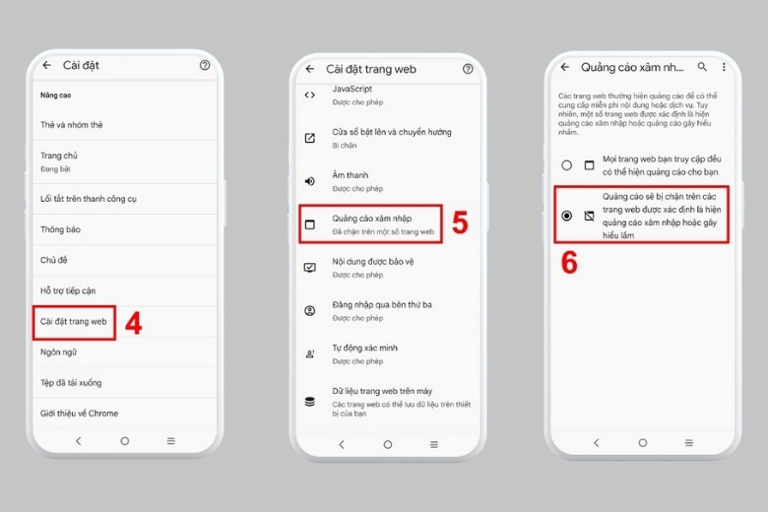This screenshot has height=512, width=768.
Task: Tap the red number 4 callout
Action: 134,324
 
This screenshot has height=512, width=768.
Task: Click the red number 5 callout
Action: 459,224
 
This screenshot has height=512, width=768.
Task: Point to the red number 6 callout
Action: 569,263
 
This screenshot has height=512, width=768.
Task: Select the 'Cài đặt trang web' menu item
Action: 74,321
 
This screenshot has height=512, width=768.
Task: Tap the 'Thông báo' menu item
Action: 60,229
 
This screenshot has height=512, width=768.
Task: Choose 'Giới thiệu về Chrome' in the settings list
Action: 79,413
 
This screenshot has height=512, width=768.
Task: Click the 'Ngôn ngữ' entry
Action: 58,352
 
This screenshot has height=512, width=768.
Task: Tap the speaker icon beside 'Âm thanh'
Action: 310,181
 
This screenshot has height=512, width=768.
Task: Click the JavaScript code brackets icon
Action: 310,95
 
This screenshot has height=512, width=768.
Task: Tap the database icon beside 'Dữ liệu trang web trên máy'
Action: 310,401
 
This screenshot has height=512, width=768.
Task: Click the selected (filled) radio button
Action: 566,215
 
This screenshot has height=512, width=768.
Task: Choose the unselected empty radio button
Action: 566,165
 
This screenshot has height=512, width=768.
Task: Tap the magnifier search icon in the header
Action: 702,67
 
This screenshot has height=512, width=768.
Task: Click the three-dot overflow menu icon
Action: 724,67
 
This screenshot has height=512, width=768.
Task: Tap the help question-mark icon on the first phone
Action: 205,65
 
